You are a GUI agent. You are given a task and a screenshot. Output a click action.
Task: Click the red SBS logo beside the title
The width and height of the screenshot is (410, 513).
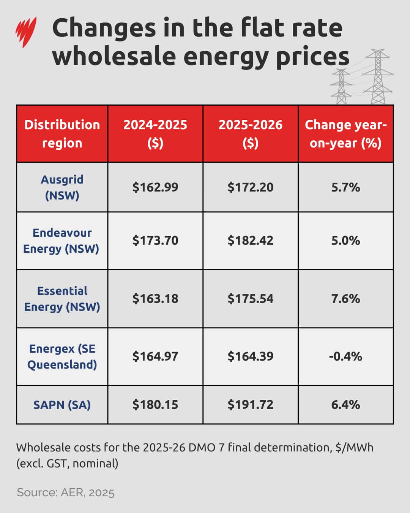click(x=26, y=32)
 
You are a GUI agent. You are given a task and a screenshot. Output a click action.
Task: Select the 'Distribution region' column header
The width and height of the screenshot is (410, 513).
click(x=62, y=134)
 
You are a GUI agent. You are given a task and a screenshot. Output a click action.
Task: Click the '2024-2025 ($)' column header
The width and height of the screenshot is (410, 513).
click(x=155, y=134)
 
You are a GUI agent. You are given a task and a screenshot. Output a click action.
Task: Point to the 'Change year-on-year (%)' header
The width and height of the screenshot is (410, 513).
click(x=345, y=134)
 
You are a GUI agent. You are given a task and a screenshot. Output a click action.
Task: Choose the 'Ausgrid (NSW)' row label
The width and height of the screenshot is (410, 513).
click(x=62, y=187)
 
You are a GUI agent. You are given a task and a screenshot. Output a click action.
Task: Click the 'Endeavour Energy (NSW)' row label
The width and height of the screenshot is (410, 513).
click(x=61, y=241)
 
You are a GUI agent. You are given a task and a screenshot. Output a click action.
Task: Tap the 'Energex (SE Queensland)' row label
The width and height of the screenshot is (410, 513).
click(x=62, y=356)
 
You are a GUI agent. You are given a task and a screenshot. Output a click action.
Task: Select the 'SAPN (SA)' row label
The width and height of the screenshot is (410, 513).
click(x=62, y=405)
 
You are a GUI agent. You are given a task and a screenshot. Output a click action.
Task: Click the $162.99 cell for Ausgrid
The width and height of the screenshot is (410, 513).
click(x=155, y=187)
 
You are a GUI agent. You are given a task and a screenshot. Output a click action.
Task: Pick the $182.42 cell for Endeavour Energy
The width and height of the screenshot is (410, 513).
click(x=251, y=241)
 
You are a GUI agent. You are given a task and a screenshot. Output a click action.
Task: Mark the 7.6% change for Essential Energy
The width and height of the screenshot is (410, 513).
click(x=345, y=299)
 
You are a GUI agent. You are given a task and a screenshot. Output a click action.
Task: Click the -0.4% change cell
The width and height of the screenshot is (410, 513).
click(x=345, y=356)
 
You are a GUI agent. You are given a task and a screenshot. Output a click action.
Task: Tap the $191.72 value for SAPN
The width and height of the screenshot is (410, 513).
click(x=251, y=405)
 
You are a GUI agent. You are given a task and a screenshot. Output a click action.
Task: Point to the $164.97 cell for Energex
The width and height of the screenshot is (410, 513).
click(x=155, y=356)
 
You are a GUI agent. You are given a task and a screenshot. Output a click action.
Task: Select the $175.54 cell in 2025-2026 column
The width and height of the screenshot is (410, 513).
click(x=251, y=299)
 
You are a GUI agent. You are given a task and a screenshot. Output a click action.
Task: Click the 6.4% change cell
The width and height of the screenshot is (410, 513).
click(x=345, y=405)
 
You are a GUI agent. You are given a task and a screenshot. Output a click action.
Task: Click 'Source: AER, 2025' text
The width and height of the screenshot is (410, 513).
click(x=66, y=492)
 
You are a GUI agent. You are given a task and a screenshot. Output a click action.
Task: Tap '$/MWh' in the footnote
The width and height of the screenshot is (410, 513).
click(x=354, y=448)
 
